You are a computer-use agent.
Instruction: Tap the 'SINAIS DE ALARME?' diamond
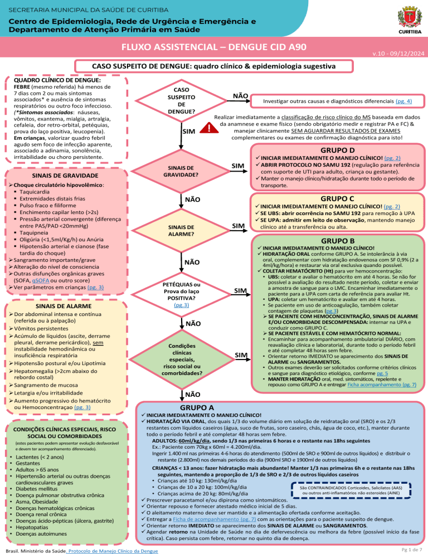click(181, 231)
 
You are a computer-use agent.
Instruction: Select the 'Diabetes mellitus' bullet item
click(41, 488)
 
